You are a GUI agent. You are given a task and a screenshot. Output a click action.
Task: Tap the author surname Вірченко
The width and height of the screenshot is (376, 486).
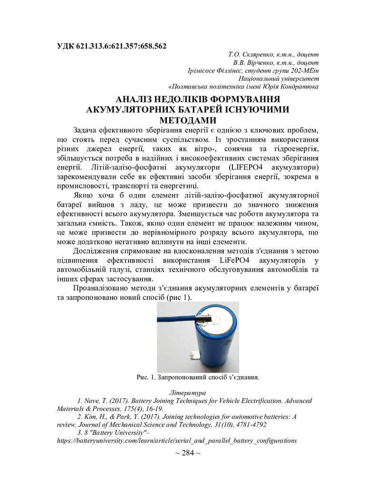[265, 63]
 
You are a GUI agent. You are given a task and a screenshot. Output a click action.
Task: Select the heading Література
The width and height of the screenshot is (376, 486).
[188, 393]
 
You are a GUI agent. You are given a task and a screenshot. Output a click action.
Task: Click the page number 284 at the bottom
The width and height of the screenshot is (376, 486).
[188, 452]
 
